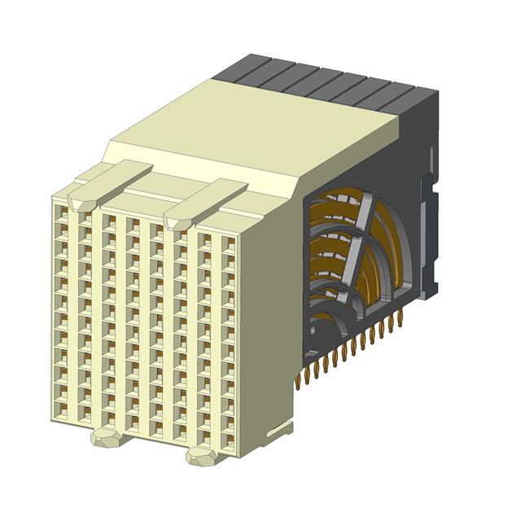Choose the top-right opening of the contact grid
(x=230, y=243)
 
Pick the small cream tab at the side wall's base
(x=282, y=428)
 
